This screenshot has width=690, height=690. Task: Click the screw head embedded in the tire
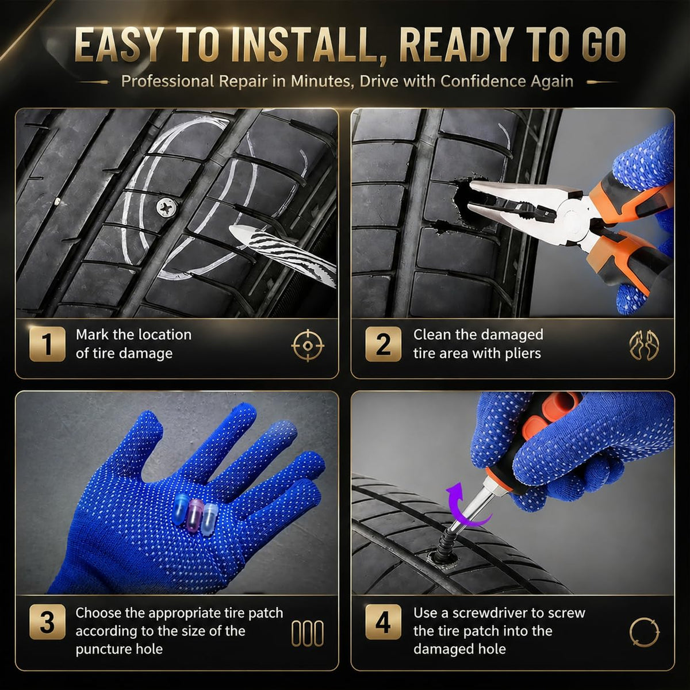[167, 208]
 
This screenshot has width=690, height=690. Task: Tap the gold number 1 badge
[47, 344]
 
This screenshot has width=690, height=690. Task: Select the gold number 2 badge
[383, 344]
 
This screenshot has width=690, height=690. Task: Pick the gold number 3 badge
[47, 622]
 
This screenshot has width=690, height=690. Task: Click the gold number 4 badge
[383, 622]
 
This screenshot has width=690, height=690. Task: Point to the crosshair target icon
[308, 345]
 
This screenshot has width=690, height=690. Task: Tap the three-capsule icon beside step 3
[307, 634]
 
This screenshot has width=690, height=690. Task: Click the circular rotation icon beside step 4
[644, 632]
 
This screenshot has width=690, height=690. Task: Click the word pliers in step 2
[523, 354]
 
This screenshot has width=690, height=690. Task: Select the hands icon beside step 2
[644, 346]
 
